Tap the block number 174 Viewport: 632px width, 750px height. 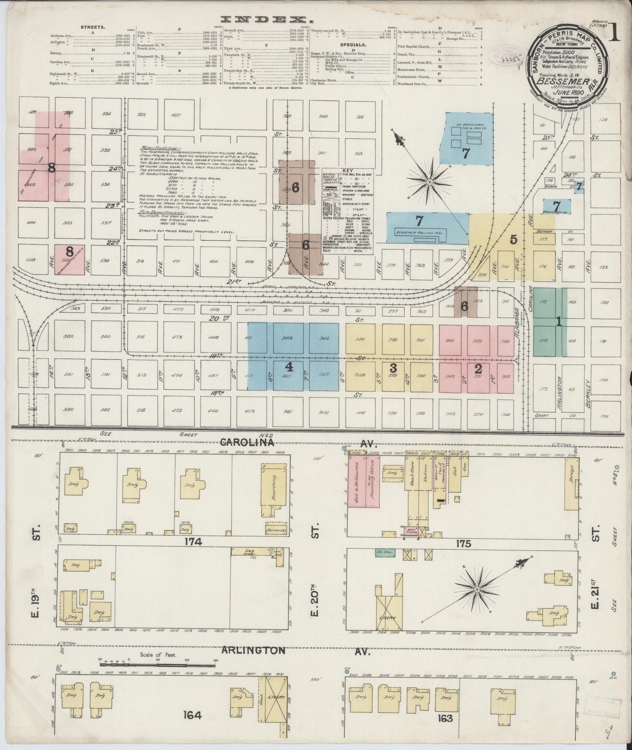point(192,542)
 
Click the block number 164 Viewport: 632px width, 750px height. point(192,716)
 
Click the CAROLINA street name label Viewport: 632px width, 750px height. point(248,442)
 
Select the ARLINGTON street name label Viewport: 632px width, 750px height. point(250,651)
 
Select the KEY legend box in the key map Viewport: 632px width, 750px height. point(348,210)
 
